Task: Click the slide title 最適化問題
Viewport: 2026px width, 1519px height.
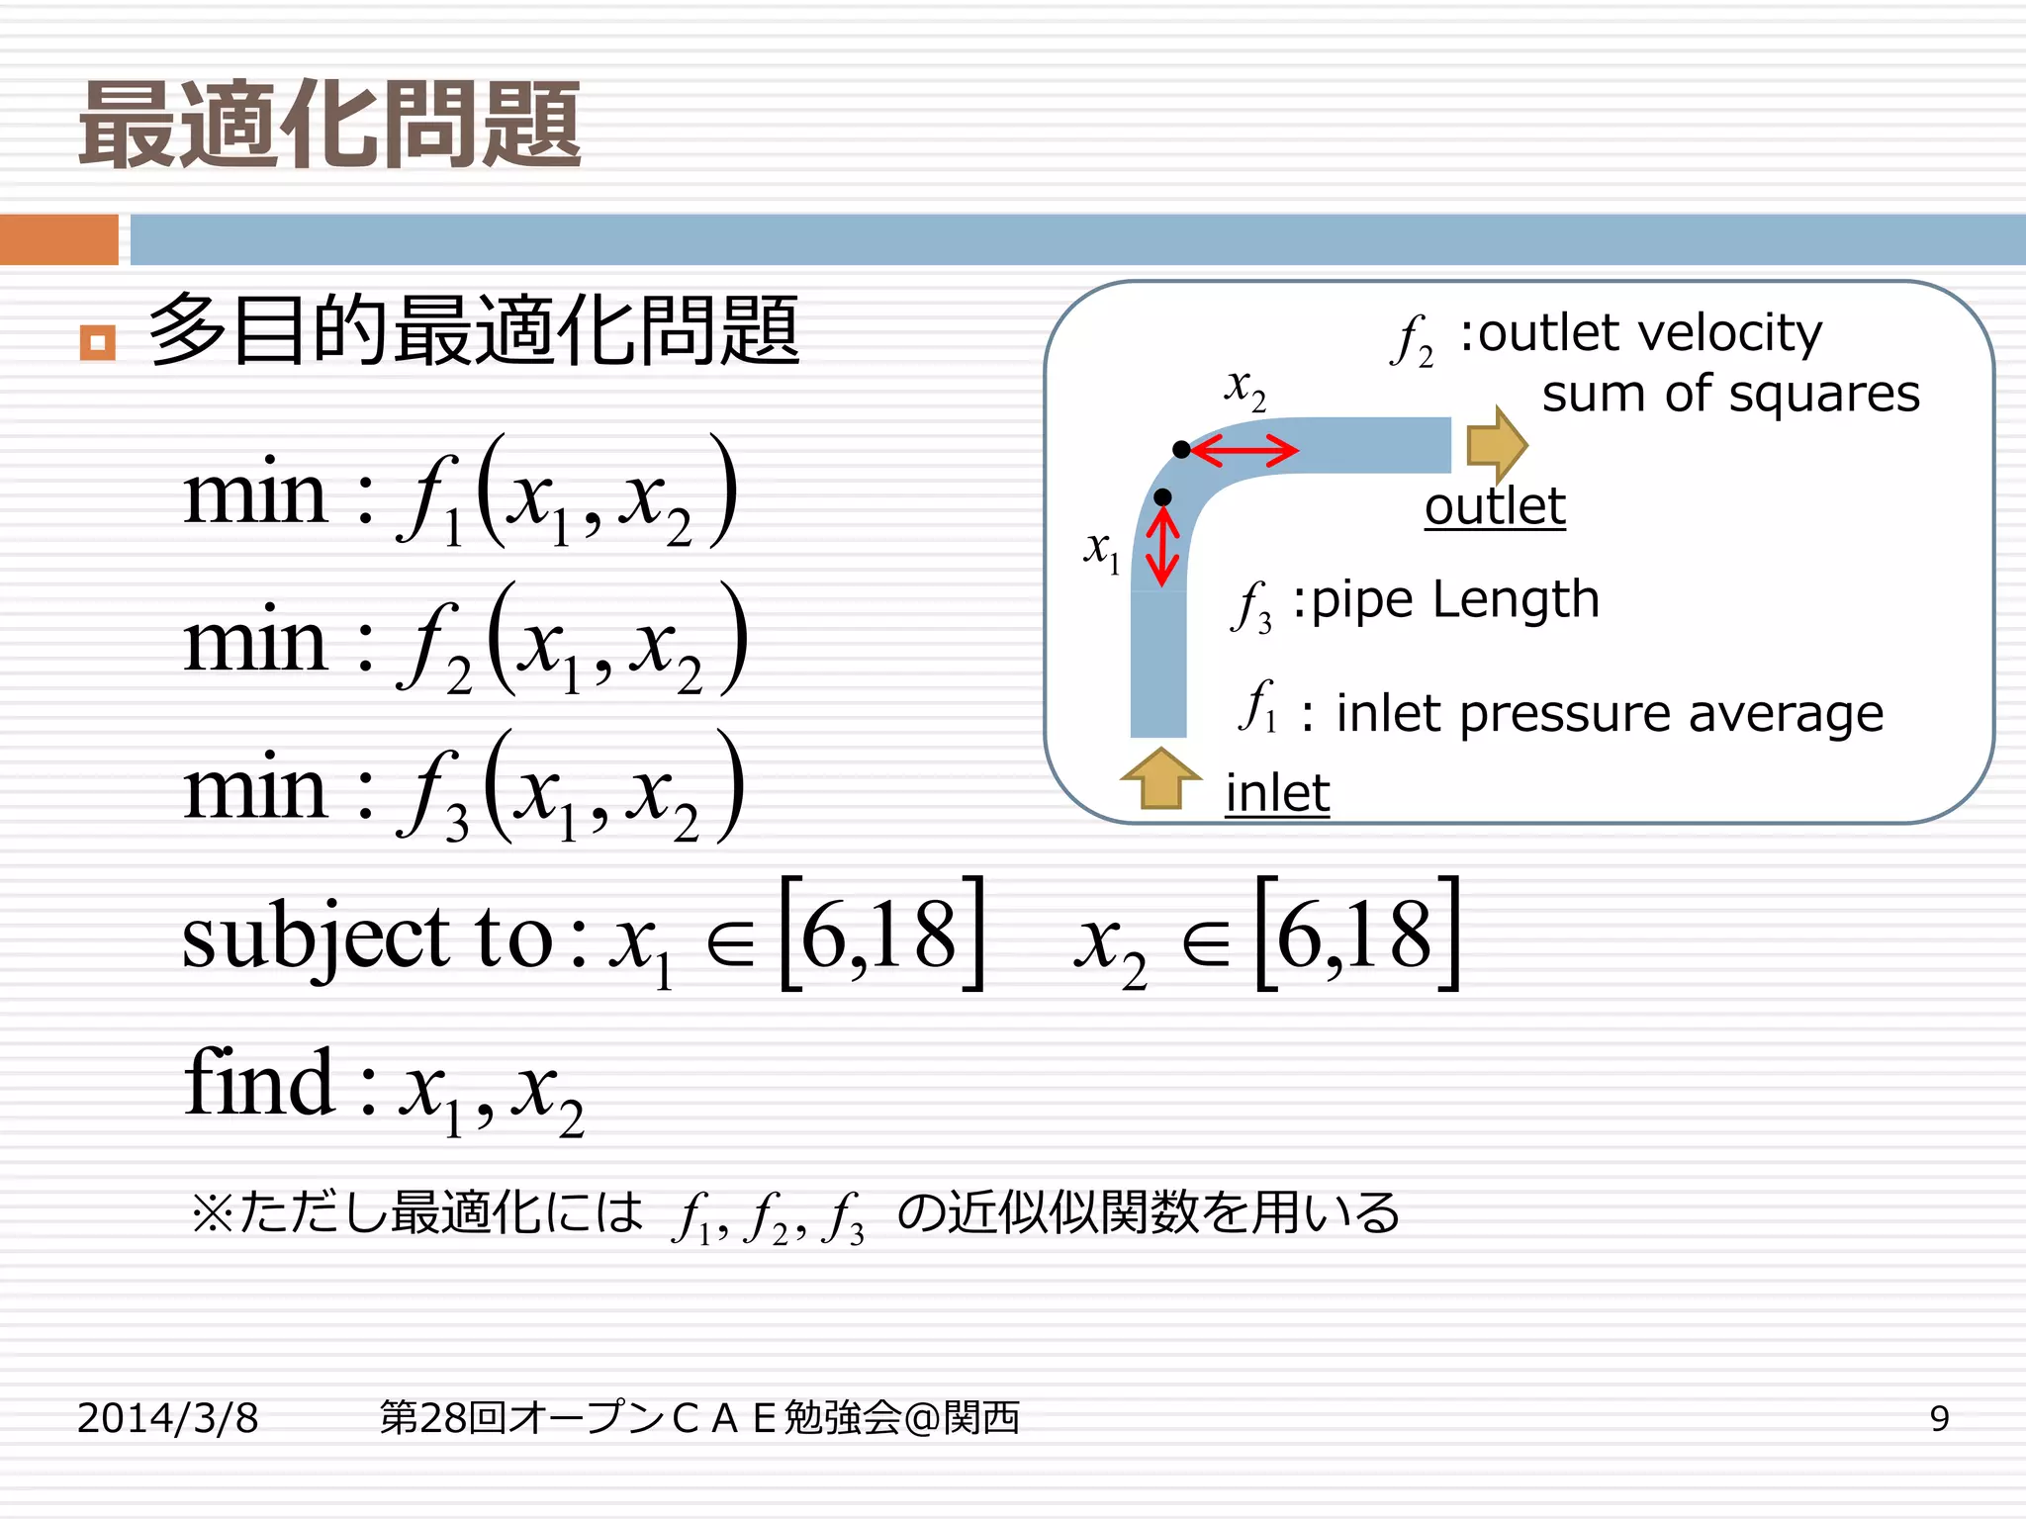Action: pos(330,126)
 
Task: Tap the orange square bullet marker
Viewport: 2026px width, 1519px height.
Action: pos(97,343)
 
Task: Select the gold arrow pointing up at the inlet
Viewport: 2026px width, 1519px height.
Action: pos(1160,778)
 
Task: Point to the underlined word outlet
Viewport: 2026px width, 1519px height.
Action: pos(1495,506)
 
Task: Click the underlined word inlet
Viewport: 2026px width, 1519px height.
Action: pos(1277,793)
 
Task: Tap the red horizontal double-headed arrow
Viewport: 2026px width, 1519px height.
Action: pos(1244,451)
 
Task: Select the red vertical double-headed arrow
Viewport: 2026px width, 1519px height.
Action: pos(1162,547)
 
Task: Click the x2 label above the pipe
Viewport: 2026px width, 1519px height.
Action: pos(1244,389)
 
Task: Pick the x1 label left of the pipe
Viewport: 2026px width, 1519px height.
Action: pos(1101,549)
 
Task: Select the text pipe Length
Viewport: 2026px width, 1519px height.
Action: pos(1454,599)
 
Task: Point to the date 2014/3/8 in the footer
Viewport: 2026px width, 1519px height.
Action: pos(168,1418)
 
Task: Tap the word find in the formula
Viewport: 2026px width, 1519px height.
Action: pos(259,1083)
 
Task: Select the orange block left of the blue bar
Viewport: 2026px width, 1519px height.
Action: pos(58,239)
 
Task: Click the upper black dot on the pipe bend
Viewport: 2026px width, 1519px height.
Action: pos(1181,450)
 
